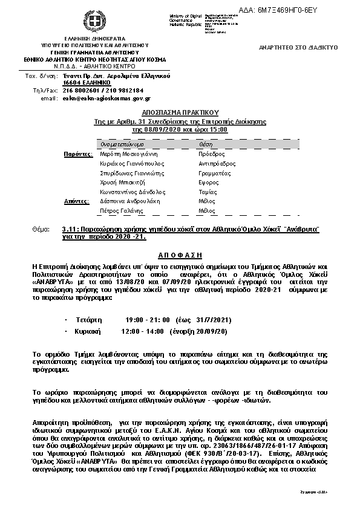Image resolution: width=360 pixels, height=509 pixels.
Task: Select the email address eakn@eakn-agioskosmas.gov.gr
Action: click(106, 98)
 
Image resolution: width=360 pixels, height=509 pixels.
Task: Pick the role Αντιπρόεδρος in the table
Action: click(217, 164)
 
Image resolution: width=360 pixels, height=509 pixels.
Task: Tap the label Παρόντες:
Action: click(78, 154)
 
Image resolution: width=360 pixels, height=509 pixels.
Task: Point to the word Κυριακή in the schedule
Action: click(88, 332)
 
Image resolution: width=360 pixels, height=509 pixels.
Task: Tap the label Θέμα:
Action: click(46, 230)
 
